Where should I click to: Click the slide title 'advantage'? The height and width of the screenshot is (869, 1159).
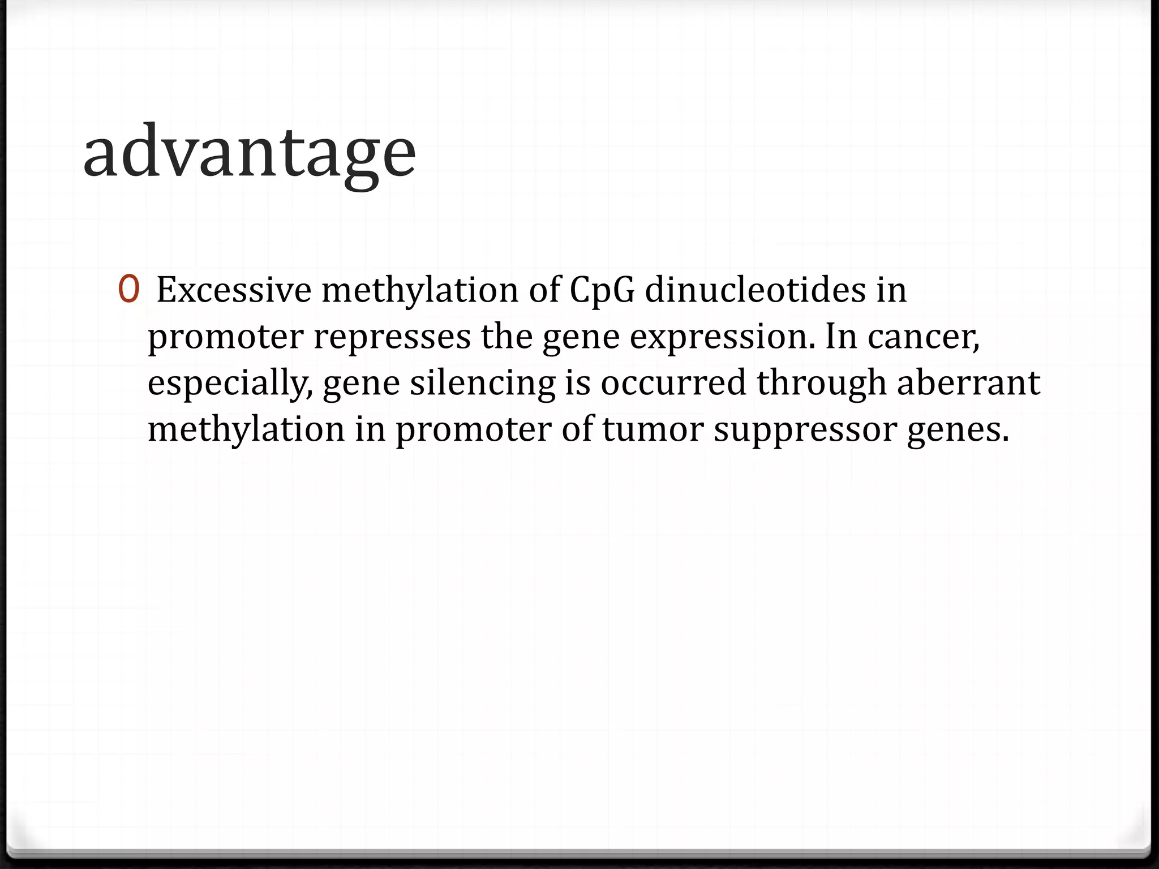[x=250, y=152]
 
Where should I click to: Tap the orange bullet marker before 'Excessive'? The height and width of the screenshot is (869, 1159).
[x=128, y=289]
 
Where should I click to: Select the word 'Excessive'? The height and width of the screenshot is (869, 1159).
[x=234, y=290]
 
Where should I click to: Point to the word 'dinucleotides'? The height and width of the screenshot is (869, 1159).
[x=755, y=290]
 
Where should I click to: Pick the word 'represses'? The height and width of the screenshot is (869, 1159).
[x=392, y=337]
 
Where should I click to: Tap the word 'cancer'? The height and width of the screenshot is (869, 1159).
[x=922, y=336]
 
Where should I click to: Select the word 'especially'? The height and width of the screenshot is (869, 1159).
[x=229, y=384]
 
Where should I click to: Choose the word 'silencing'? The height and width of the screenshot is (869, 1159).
[x=483, y=384]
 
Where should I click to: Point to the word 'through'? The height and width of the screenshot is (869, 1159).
[x=821, y=384]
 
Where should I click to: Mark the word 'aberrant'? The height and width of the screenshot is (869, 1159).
[x=968, y=382]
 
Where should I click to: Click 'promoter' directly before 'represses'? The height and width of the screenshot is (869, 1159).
[x=225, y=337]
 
